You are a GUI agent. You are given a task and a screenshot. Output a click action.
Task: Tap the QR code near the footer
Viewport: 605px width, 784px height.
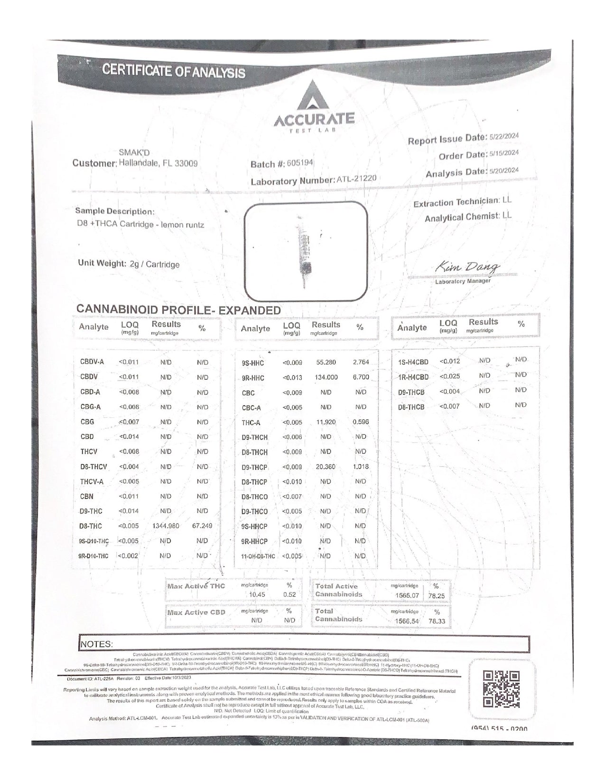[501, 689]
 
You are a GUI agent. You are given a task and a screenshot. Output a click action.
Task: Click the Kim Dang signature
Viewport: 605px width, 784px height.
[467, 268]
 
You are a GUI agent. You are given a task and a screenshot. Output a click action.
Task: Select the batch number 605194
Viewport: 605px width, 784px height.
[300, 163]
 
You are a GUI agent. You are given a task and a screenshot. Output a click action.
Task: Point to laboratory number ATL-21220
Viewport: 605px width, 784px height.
[356, 179]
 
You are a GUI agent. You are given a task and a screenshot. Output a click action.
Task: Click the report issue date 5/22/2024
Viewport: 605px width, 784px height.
[504, 136]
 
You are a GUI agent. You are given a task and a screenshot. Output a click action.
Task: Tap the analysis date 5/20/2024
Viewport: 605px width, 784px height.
[504, 171]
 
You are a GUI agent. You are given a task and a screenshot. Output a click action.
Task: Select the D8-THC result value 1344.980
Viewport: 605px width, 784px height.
[166, 526]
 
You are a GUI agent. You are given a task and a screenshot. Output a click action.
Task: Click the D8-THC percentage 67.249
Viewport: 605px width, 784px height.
[202, 526]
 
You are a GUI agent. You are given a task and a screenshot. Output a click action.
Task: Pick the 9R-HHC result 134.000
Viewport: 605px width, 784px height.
[326, 377]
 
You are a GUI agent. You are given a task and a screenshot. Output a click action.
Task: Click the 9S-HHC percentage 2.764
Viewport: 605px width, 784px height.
[361, 363]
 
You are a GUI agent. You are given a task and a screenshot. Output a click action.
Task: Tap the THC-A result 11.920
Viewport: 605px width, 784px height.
[326, 422]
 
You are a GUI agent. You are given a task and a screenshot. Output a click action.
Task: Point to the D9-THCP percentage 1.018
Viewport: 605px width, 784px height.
[361, 467]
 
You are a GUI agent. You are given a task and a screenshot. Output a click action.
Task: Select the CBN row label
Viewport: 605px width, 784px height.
[87, 497]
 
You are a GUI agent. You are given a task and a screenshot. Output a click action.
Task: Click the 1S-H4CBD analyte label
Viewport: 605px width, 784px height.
[413, 362]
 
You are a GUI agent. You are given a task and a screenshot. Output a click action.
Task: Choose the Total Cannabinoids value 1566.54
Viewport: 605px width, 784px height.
[407, 621]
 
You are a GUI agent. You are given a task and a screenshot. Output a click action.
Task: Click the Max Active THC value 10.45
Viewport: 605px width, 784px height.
[257, 594]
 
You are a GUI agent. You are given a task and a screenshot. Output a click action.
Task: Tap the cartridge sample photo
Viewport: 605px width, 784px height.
[306, 251]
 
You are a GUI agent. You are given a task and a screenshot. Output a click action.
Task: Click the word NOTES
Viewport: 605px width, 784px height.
[97, 644]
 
